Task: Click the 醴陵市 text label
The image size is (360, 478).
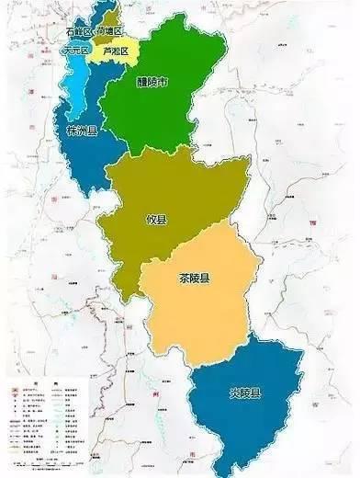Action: pyautogui.click(x=151, y=83)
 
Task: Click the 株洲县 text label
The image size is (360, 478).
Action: pyautogui.click(x=82, y=131)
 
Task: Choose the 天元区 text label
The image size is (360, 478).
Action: pyautogui.click(x=74, y=51)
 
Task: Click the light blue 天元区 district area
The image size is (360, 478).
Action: pyautogui.click(x=70, y=83)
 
